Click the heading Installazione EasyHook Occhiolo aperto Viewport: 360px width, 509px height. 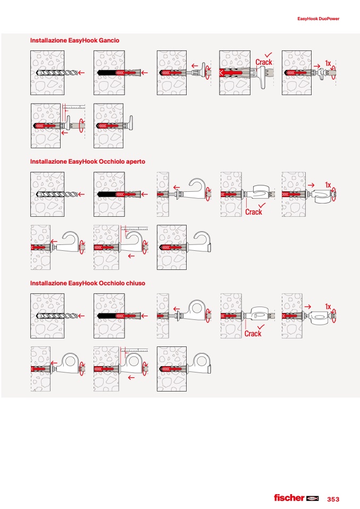(87, 162)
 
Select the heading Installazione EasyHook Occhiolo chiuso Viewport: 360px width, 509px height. (87, 283)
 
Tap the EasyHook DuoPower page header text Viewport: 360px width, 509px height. (318, 19)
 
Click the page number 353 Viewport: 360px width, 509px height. (333, 499)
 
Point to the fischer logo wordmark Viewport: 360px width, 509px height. (289, 498)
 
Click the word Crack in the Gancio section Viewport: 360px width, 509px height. (263, 62)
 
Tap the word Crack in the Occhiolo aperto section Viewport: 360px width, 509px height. (254, 212)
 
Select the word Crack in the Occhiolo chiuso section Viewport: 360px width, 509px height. (253, 334)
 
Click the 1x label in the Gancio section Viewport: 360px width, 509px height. (328, 63)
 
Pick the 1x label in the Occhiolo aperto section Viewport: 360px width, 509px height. (328, 185)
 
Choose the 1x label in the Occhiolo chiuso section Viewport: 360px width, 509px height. (328, 307)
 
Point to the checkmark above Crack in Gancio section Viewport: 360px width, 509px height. (268, 54)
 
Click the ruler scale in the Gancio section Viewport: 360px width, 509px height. (74, 107)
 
